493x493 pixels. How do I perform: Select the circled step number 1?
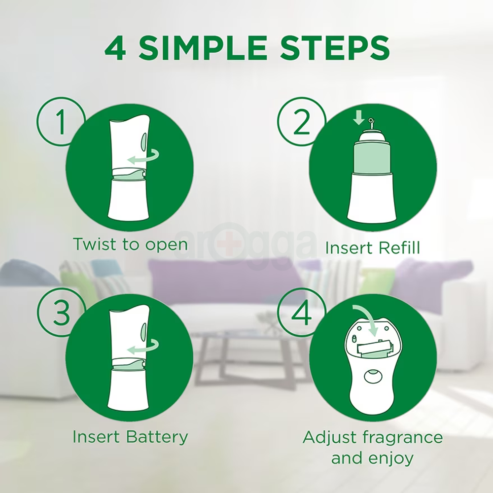click(61, 122)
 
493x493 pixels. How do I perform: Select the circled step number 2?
click(301, 122)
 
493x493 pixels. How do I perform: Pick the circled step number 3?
click(61, 313)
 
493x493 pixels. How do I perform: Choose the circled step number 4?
click(301, 313)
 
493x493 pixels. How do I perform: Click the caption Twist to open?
click(130, 244)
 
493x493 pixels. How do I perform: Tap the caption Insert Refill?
click(372, 247)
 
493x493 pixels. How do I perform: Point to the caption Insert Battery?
click(130, 436)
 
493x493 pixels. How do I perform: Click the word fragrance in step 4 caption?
click(403, 437)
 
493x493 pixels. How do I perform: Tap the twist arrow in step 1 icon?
click(143, 157)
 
